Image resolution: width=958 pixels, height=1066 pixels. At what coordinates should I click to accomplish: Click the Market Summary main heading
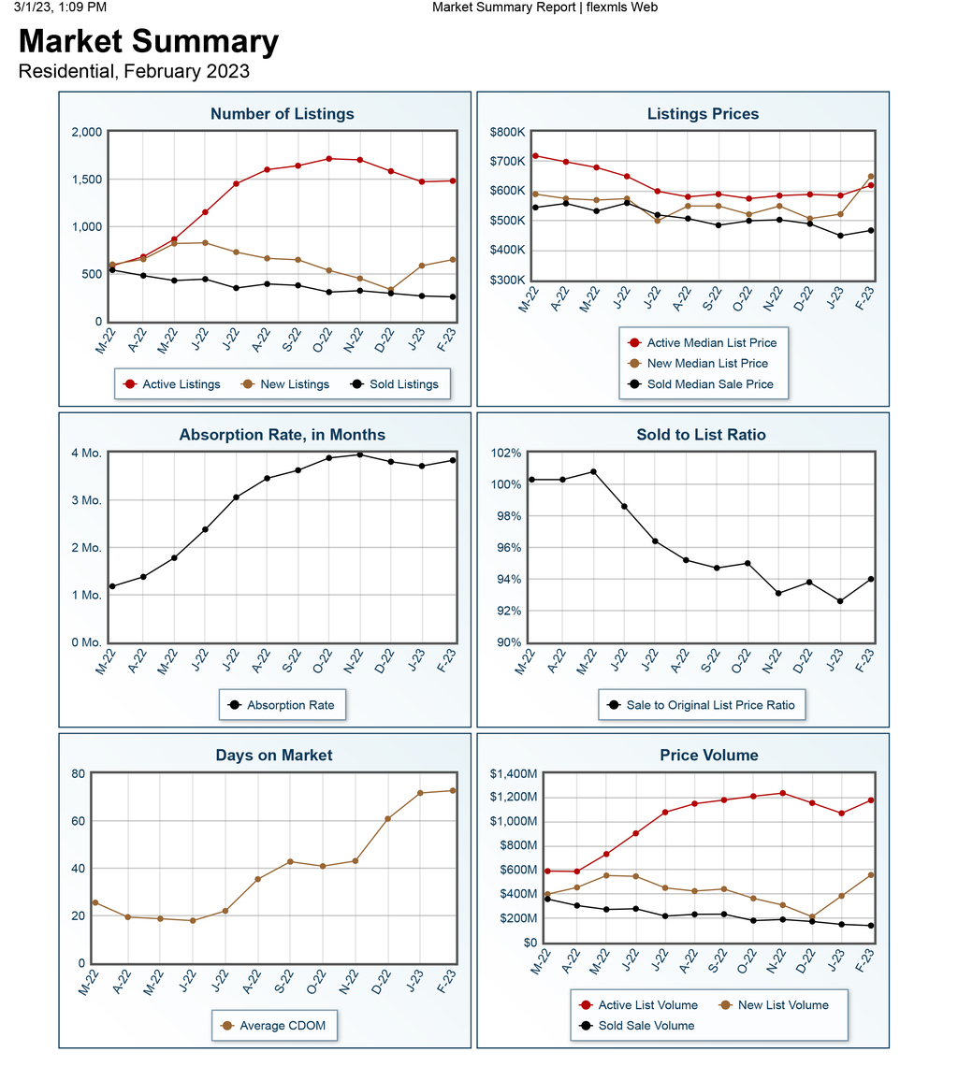(x=149, y=41)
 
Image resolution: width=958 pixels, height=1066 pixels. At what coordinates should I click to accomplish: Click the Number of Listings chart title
(x=283, y=114)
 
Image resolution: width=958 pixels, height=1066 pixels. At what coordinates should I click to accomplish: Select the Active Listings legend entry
(x=172, y=384)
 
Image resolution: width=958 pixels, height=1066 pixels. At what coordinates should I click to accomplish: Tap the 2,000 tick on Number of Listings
(x=87, y=132)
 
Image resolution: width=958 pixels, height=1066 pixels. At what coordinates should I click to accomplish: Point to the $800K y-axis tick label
(x=508, y=132)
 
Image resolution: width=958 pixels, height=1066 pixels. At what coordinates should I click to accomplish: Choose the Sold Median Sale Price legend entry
(x=702, y=384)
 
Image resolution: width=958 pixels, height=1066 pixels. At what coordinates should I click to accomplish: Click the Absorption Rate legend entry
(x=282, y=705)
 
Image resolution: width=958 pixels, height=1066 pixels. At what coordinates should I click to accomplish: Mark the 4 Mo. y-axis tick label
(x=86, y=453)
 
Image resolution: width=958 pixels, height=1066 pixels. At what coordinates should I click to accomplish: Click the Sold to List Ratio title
(x=701, y=435)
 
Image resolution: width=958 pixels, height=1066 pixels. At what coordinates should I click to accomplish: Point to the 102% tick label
(x=506, y=453)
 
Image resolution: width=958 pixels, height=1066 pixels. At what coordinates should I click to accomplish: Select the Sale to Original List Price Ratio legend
(x=702, y=705)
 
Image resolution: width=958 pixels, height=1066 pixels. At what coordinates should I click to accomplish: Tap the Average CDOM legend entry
(x=274, y=1025)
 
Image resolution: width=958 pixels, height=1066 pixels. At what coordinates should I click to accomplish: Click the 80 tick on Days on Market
(x=79, y=773)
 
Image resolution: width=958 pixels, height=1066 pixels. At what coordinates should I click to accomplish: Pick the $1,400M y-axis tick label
(x=514, y=773)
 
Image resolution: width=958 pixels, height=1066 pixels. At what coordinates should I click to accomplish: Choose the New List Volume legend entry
(x=775, y=1005)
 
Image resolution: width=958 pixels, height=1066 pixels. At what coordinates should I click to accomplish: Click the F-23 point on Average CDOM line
(x=453, y=791)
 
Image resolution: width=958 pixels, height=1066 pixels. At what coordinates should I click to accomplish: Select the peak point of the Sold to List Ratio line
(x=593, y=472)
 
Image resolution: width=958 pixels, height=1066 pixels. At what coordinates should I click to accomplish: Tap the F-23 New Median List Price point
(x=871, y=177)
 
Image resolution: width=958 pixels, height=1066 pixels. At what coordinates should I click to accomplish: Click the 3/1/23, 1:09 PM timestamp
(x=60, y=7)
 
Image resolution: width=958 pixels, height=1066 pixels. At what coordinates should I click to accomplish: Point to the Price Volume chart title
(x=709, y=756)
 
